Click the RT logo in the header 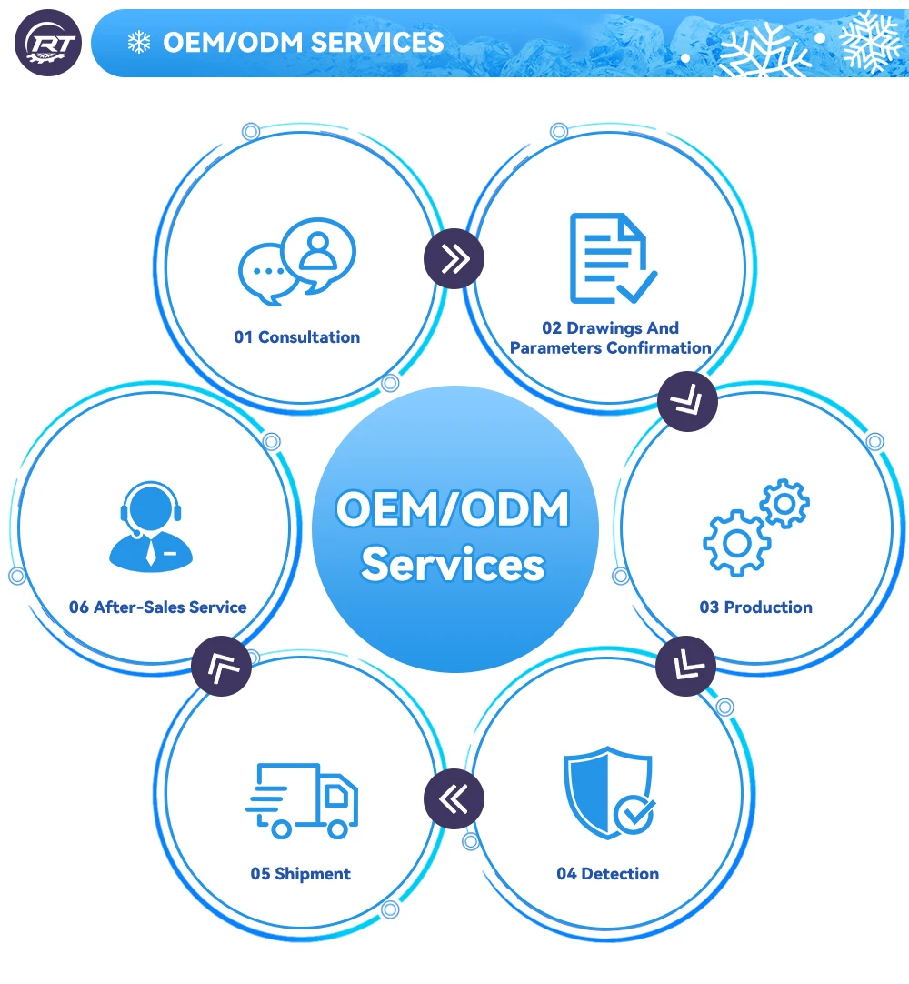tap(48, 44)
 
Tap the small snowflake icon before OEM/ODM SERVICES tap(139, 43)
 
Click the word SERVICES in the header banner tap(377, 43)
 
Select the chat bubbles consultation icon tap(296, 261)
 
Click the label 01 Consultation tap(296, 337)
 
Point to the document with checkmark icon tap(613, 258)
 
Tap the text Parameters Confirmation tap(610, 347)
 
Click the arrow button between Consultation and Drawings tap(454, 258)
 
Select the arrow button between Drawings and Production tap(687, 401)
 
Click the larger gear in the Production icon tap(736, 544)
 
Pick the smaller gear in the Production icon tap(784, 503)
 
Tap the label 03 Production tap(756, 607)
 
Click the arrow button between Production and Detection tap(685, 666)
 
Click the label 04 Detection tap(608, 874)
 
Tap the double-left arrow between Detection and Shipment tap(454, 798)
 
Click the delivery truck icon tap(302, 800)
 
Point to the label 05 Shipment tap(301, 874)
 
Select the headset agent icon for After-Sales tap(151, 527)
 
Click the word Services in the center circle tap(453, 564)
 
